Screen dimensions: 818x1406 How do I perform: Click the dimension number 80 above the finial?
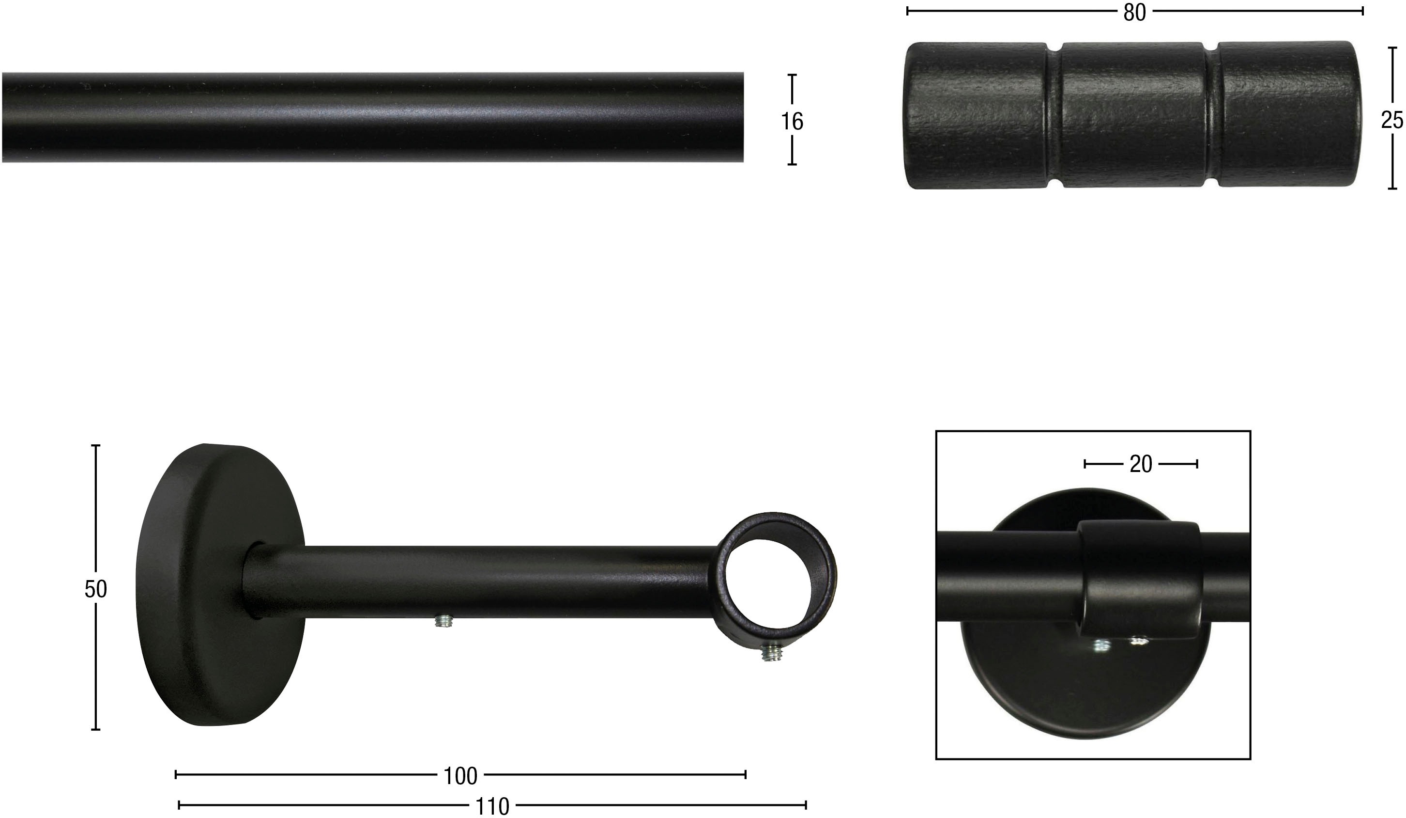coord(1134,12)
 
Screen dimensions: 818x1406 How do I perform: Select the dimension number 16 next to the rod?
coord(792,121)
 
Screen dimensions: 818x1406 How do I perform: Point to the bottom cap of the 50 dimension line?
coord(95,729)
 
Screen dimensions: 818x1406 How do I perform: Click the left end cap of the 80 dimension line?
coord(908,11)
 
